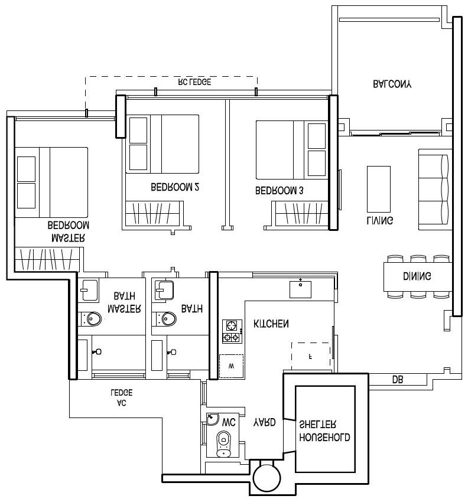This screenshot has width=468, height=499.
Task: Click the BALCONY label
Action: [x=392, y=84]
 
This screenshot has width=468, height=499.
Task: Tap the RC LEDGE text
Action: [x=194, y=83]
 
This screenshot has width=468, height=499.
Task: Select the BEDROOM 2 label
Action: [x=175, y=188]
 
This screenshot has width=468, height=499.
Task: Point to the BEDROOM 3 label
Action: [x=279, y=191]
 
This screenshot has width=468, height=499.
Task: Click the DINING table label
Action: [x=417, y=276]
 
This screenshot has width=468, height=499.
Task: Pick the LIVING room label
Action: [x=379, y=220]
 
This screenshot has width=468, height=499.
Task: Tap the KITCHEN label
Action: [x=271, y=324]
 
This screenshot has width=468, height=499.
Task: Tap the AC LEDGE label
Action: [x=122, y=398]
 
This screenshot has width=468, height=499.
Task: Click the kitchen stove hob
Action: [x=231, y=331]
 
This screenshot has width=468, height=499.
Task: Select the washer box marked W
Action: [x=231, y=366]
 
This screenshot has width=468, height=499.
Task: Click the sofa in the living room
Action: [x=434, y=189]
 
